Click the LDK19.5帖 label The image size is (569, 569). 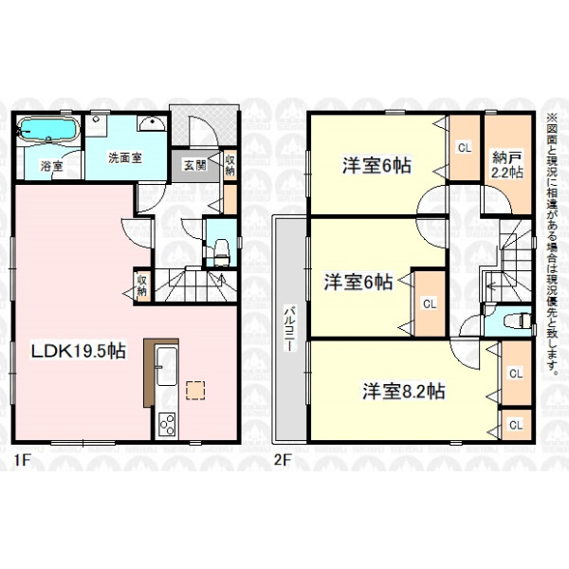79,351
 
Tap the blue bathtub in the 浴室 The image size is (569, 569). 48,129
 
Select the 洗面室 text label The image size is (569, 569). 125,158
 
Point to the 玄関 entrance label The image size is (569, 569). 195,165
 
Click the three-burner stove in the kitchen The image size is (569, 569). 167,424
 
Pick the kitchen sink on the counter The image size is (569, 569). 166,366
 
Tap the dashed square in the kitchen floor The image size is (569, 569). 195,391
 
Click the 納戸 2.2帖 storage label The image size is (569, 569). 507,165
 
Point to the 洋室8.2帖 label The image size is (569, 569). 404,392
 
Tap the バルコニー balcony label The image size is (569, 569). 289,328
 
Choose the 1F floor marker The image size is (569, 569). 21,460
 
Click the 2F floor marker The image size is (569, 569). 283,460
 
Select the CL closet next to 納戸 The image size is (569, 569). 465,148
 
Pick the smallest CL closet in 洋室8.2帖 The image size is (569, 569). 516,425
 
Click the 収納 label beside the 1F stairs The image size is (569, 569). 141,285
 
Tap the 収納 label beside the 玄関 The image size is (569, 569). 230,165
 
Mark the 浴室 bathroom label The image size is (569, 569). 51,167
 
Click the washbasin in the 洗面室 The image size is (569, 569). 152,123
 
